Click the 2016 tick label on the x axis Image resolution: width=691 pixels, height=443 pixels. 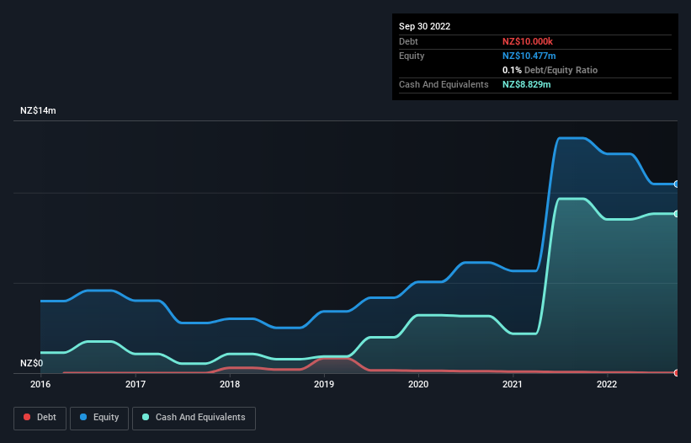pos(40,385)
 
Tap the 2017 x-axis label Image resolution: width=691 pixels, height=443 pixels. pos(136,385)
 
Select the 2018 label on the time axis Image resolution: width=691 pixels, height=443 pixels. pos(230,385)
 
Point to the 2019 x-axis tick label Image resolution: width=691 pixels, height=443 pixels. pos(324,385)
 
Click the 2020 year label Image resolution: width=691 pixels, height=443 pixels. pos(418,385)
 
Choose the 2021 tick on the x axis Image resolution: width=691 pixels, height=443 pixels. pos(513,385)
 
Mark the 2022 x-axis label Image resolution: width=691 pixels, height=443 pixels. pos(607,385)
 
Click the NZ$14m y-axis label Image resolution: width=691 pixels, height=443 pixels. pos(38,111)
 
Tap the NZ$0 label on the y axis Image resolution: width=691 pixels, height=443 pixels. pos(32,363)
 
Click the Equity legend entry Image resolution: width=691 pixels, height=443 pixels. pos(99,417)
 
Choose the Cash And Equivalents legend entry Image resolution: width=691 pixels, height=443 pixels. pos(194,417)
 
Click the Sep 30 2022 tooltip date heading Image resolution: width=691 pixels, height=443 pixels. pos(425,26)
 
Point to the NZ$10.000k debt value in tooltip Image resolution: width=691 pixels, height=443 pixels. pos(528,41)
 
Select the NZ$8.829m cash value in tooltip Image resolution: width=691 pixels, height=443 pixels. pos(527,84)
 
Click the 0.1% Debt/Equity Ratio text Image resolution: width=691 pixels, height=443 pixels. pos(550,70)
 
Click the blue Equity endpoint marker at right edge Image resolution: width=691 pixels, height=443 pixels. pos(677,184)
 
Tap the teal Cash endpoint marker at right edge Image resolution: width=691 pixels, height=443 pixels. pos(677,214)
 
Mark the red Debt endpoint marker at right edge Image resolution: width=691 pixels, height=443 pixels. pos(677,372)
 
